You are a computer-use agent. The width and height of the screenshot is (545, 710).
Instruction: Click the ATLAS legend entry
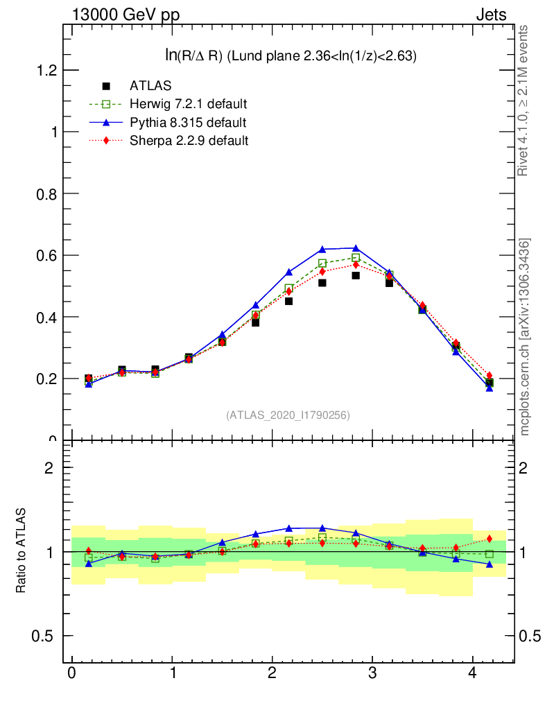pyautogui.click(x=150, y=86)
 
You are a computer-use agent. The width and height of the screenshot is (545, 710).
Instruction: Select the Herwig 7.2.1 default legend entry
pyautogui.click(x=188, y=104)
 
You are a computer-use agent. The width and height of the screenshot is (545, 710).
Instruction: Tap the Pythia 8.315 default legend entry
pyautogui.click(x=187, y=123)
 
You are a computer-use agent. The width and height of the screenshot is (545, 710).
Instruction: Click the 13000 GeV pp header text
pyautogui.click(x=126, y=15)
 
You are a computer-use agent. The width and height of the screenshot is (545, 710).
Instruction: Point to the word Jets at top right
pyautogui.click(x=490, y=15)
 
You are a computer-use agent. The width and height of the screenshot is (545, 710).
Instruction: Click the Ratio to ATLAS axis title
pyautogui.click(x=21, y=551)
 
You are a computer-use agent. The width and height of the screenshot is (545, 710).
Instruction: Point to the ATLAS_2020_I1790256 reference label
pyautogui.click(x=288, y=415)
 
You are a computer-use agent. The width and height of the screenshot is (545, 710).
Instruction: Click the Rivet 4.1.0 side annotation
pyautogui.click(x=524, y=101)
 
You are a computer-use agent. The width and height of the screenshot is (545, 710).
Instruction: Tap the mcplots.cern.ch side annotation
pyautogui.click(x=525, y=336)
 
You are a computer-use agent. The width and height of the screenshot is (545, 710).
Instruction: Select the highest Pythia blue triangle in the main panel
pyautogui.click(x=356, y=248)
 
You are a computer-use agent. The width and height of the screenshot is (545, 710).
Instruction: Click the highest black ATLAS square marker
pyautogui.click(x=356, y=275)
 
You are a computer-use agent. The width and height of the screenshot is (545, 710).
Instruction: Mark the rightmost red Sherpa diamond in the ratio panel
pyautogui.click(x=490, y=539)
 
